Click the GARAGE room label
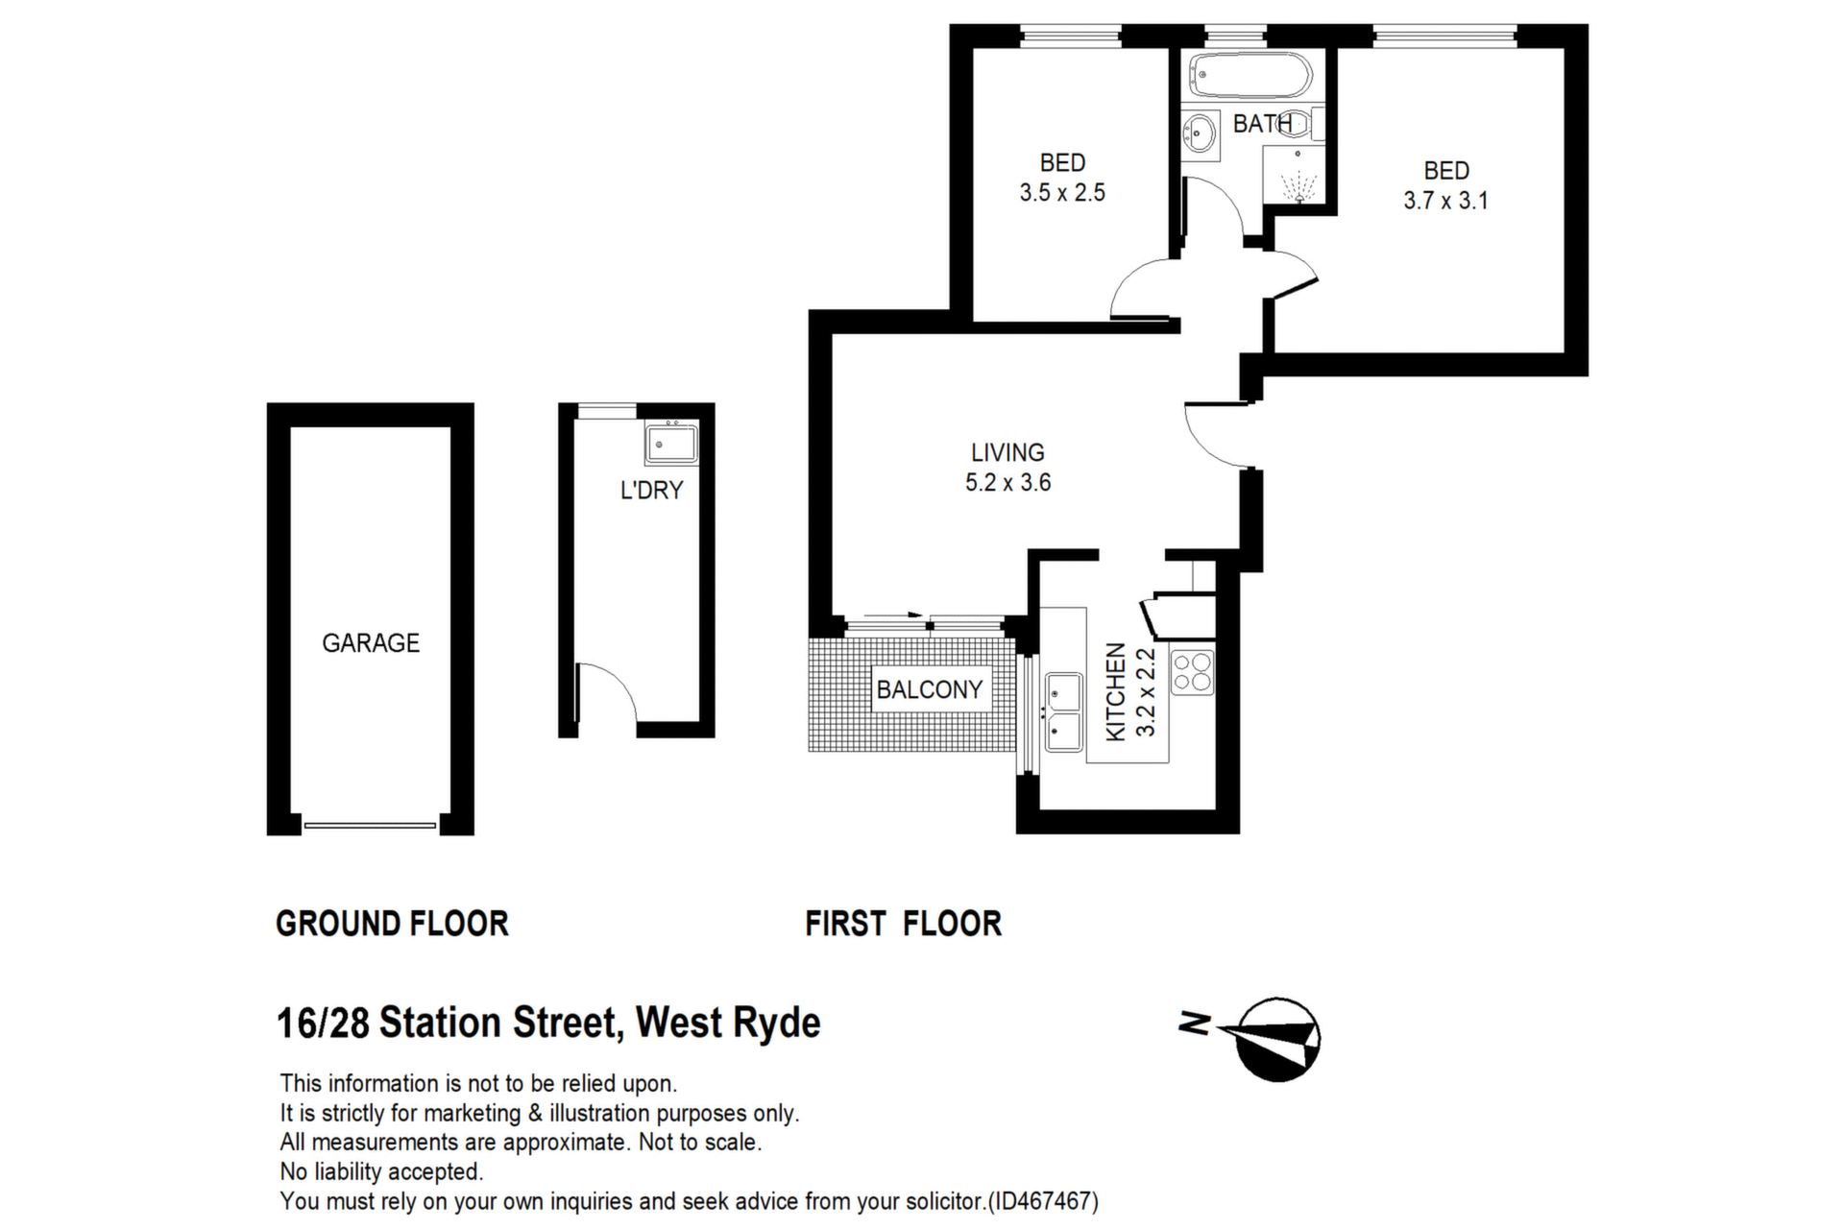coord(371,642)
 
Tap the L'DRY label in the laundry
coord(651,490)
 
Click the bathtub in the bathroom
coord(1250,75)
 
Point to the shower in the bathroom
coord(1294,175)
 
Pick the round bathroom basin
coord(1198,131)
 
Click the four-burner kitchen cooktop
coord(1192,672)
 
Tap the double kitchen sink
coord(1064,712)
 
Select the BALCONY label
coord(929,689)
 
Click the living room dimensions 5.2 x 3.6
coord(1007,482)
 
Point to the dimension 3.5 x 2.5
coord(1062,193)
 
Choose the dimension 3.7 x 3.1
coord(1445,201)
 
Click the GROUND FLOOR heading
coord(392,924)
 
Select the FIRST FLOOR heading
coord(903,924)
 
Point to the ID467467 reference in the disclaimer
coord(1044,1201)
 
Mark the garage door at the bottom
coord(370,824)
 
